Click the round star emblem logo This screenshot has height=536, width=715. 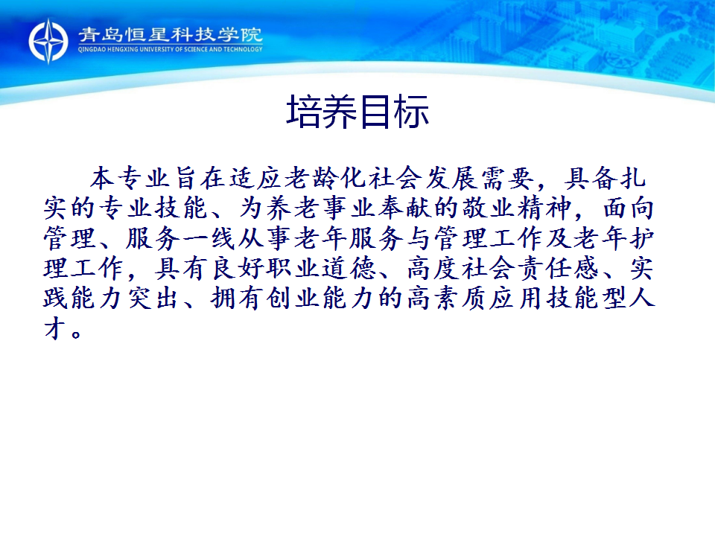click(x=48, y=41)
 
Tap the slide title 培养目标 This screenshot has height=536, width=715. click(x=357, y=112)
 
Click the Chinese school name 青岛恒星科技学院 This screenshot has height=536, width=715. click(x=170, y=35)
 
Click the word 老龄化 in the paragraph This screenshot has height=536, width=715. click(x=326, y=178)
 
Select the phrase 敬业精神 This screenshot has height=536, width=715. click(x=517, y=208)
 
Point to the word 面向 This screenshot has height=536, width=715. click(x=629, y=208)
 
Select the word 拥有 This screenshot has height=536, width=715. click(x=237, y=299)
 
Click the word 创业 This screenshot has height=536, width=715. click(x=293, y=299)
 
